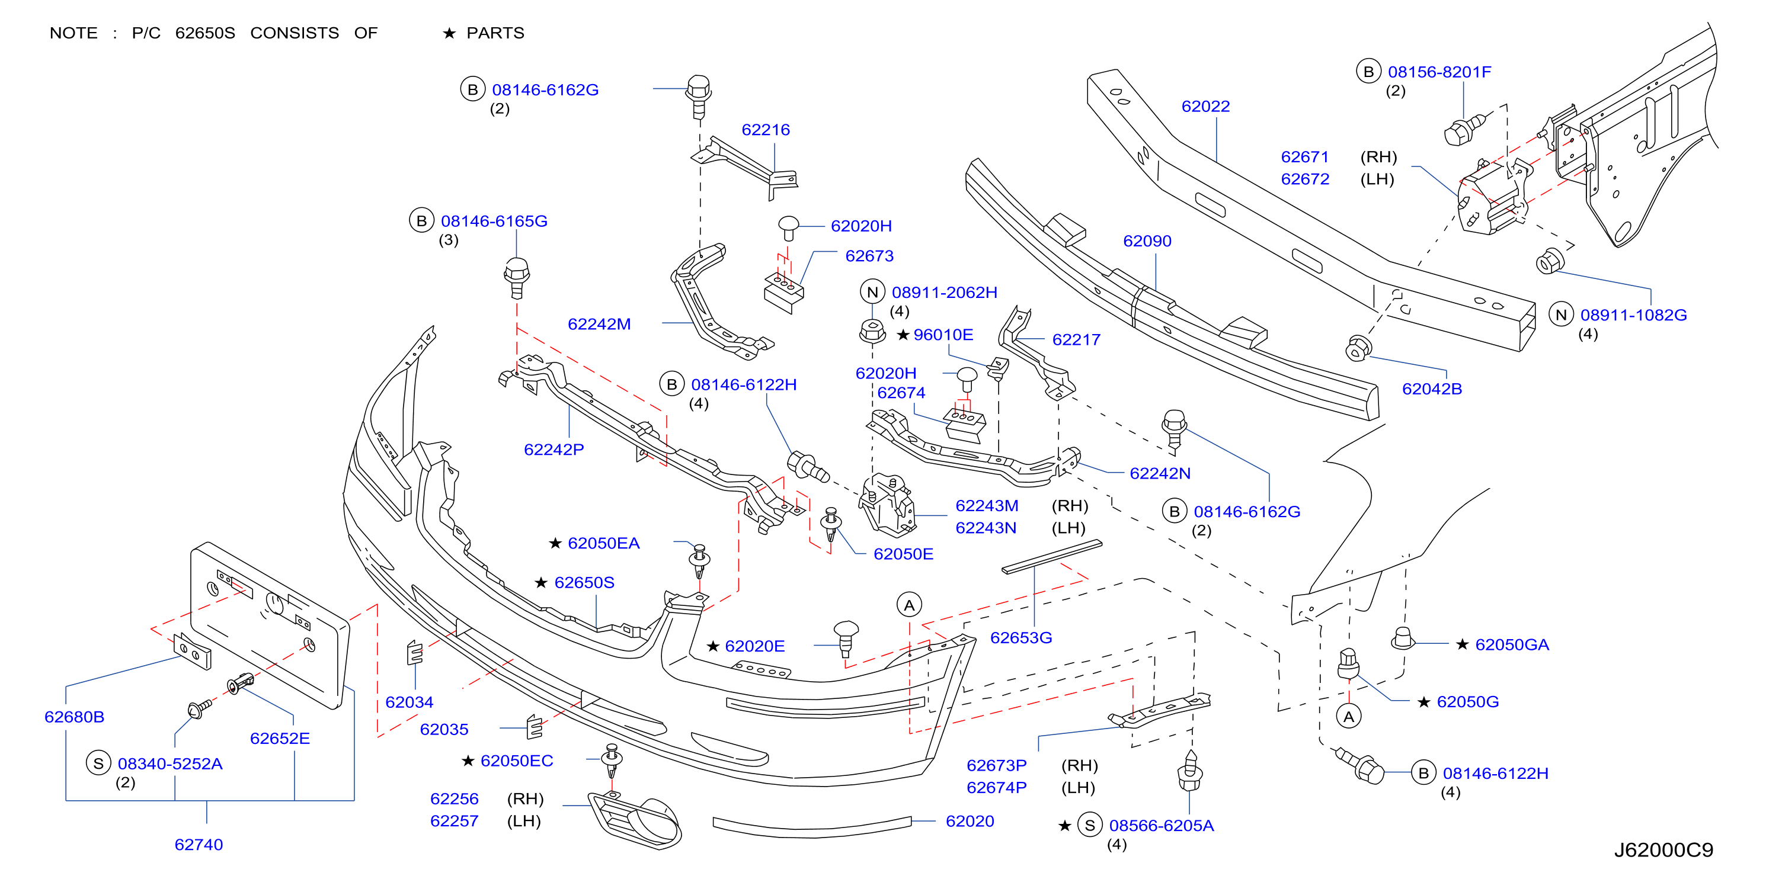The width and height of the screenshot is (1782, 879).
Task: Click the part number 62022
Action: tap(1206, 107)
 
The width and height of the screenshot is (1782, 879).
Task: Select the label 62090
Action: tap(1147, 241)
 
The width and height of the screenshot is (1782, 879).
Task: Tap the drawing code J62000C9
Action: tap(1663, 850)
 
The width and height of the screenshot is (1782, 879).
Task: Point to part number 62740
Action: tap(199, 845)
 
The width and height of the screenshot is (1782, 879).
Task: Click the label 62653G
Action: tap(1021, 638)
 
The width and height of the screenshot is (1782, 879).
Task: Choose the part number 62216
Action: tap(766, 130)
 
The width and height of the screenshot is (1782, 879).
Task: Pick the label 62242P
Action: tap(554, 450)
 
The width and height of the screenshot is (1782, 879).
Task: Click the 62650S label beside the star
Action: tap(584, 582)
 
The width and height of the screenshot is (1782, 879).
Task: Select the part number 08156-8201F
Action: tap(1439, 72)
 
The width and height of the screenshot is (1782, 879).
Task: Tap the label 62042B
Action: tap(1432, 389)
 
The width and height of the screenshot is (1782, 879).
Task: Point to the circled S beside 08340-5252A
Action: tap(98, 763)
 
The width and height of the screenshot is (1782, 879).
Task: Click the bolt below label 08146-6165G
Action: tap(517, 278)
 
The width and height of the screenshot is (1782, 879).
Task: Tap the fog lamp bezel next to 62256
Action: tap(634, 820)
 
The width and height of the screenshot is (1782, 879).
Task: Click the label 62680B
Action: tap(74, 717)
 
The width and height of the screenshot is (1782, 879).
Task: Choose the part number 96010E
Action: tap(943, 335)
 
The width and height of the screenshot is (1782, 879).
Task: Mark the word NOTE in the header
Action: tap(73, 33)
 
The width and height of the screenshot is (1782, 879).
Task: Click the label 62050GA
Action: tap(1512, 644)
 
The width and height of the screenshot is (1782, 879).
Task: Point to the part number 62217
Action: tap(1076, 339)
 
